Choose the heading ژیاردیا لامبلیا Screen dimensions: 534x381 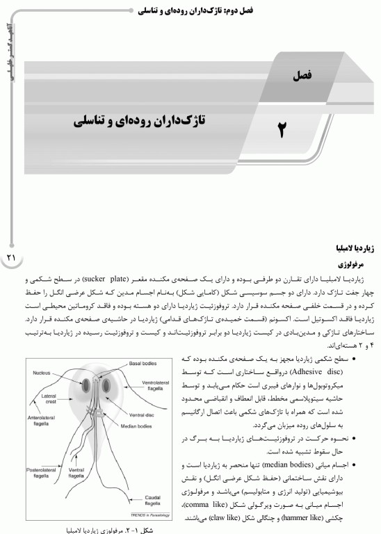pyautogui.click(x=346, y=248)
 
